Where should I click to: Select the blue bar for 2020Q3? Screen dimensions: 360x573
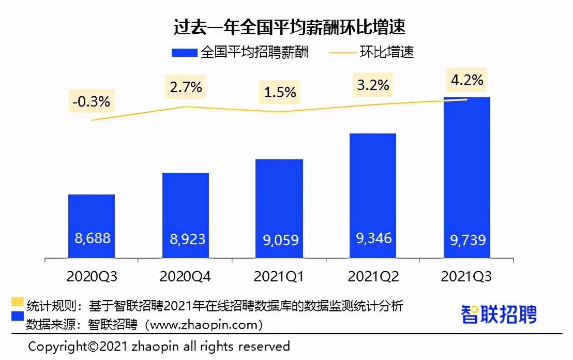pyautogui.click(x=92, y=217)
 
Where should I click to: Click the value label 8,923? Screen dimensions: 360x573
pyautogui.click(x=188, y=239)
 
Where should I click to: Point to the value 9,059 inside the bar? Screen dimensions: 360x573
pyautogui.click(x=279, y=240)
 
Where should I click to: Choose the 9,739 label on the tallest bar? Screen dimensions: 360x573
pyautogui.click(x=467, y=239)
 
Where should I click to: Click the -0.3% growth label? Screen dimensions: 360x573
pyautogui.click(x=91, y=101)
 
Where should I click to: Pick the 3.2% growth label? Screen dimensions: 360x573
pyautogui.click(x=373, y=84)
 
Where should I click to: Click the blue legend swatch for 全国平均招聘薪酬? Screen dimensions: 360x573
pyautogui.click(x=184, y=53)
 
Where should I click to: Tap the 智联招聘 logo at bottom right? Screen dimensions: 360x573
pyautogui.click(x=499, y=314)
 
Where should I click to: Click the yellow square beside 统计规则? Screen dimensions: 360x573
pyautogui.click(x=18, y=302)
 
